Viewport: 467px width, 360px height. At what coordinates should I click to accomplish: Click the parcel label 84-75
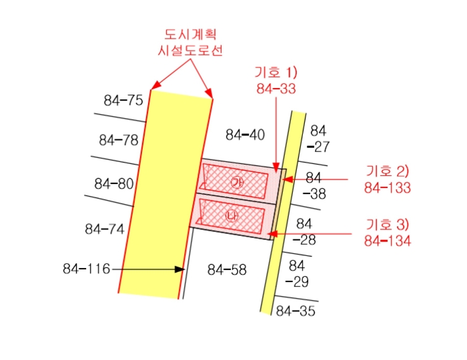click(x=123, y=100)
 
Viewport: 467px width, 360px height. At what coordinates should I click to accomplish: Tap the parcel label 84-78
click(x=119, y=140)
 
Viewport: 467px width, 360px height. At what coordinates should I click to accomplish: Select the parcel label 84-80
click(x=114, y=183)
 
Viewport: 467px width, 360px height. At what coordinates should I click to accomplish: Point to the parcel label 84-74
click(x=104, y=229)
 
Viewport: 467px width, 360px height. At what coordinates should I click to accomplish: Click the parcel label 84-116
click(x=86, y=269)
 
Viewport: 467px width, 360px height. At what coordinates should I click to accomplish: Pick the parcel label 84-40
click(x=245, y=135)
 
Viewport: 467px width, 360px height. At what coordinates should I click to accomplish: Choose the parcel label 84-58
click(x=227, y=270)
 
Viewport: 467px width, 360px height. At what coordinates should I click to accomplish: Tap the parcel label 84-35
click(x=296, y=311)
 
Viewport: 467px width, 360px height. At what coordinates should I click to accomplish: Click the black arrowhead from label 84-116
click(x=179, y=269)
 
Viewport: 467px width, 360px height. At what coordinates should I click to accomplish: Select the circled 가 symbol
click(x=237, y=183)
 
